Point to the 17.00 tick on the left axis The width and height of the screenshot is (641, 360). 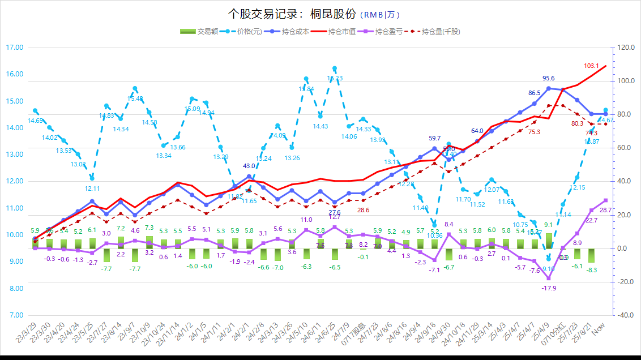click(15, 48)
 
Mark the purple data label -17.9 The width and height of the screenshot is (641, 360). click(549, 288)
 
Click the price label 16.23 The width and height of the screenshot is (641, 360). click(335, 78)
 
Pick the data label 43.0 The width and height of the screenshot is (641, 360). click(249, 166)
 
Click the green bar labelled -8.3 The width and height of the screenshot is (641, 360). click(591, 256)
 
